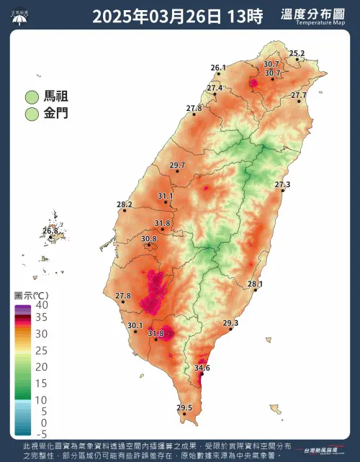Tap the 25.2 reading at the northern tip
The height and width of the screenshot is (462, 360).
tap(297, 53)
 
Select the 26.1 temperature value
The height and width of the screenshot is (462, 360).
tap(218, 68)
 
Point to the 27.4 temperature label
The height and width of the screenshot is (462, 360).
tap(215, 88)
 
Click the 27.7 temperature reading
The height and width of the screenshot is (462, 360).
tap(298, 95)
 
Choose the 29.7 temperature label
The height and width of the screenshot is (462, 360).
tap(177, 166)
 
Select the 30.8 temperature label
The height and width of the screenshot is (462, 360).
tap(149, 239)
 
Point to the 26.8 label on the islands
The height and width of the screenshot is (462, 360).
tap(50, 231)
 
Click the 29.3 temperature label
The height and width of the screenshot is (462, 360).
tap(230, 323)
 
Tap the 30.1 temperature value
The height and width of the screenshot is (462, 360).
tap(135, 326)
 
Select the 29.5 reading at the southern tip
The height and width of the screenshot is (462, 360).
tap(185, 408)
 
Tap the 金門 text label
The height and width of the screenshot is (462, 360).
tap(58, 114)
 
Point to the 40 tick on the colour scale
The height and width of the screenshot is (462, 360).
tap(42, 306)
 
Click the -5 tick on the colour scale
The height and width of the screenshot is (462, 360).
tap(42, 434)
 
